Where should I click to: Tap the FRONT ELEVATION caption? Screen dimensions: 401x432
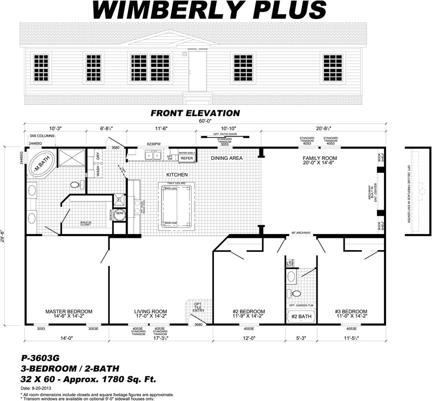click(195, 113)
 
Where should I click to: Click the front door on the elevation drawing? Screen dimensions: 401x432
click(197, 71)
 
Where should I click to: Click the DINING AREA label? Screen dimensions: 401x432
click(227, 158)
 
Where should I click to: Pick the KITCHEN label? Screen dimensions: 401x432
click(177, 175)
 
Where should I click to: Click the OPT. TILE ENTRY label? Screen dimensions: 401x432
click(199, 308)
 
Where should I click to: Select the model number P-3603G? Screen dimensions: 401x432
click(39, 358)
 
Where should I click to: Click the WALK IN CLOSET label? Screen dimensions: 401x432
click(85, 223)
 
